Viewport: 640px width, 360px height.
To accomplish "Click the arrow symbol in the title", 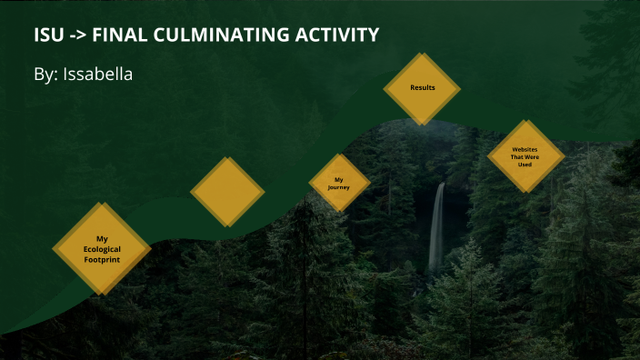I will tap(80, 35).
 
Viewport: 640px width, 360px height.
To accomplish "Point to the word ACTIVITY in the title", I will tap(337, 35).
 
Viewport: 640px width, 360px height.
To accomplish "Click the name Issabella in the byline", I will tap(97, 75).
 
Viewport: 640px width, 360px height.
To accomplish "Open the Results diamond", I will tap(422, 88).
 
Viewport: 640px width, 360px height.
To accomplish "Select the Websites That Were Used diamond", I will tap(525, 155).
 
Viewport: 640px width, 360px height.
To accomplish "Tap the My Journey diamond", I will tap(340, 184).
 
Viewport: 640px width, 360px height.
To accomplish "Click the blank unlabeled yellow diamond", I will tap(227, 192).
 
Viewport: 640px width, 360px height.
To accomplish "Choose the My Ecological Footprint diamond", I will tap(102, 248).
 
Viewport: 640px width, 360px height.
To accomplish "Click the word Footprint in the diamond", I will tap(102, 259).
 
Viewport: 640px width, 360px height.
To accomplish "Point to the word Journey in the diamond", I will tap(340, 188).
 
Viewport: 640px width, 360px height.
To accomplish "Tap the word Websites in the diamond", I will tap(525, 148).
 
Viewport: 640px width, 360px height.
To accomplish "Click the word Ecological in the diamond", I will tap(102, 248).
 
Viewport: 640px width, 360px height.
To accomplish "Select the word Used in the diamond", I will tap(525, 164).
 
